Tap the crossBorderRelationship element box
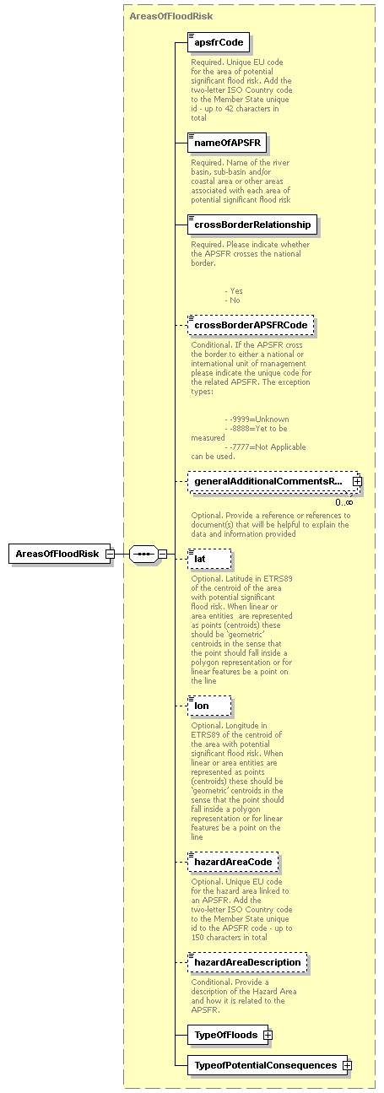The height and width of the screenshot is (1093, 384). click(x=253, y=225)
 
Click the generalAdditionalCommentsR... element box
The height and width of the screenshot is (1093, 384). click(x=268, y=481)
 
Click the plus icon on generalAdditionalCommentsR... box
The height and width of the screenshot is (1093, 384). click(x=357, y=481)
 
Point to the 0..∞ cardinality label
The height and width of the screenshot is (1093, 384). click(x=343, y=502)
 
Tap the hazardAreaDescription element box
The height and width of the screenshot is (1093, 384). click(x=247, y=962)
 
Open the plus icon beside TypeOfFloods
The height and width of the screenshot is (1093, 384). click(x=268, y=1034)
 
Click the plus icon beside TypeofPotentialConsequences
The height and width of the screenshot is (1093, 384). click(x=346, y=1065)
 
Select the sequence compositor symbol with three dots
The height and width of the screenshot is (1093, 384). click(x=143, y=554)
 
